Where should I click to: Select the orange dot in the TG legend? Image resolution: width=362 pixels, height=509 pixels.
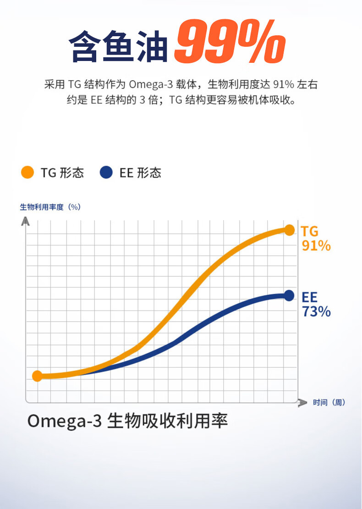(27, 173)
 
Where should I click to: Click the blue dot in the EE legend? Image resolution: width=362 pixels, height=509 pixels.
(106, 173)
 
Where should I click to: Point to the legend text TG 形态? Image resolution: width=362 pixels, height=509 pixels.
(62, 173)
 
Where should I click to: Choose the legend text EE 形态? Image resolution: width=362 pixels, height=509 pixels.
(140, 173)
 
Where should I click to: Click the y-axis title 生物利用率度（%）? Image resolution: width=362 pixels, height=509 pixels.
(50, 207)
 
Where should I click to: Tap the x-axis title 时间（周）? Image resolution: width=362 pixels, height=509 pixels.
(329, 403)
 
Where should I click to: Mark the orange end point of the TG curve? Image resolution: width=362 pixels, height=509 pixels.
(289, 230)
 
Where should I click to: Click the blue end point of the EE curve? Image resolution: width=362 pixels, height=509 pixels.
(289, 296)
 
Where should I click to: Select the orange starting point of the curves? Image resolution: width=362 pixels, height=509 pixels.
(38, 376)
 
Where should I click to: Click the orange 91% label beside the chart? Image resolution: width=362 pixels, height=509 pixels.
(316, 246)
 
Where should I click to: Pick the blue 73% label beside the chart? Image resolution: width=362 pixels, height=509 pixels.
(316, 312)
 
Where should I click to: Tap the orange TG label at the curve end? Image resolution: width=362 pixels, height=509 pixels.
(309, 232)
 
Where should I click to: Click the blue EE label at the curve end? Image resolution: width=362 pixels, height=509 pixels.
(309, 297)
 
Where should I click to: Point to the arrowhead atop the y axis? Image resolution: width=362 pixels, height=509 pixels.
(26, 221)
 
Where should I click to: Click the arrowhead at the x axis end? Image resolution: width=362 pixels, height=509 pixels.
(302, 403)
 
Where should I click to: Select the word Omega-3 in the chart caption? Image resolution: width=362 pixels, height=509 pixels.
(64, 421)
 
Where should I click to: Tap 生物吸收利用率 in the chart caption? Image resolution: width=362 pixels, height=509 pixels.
(167, 421)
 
